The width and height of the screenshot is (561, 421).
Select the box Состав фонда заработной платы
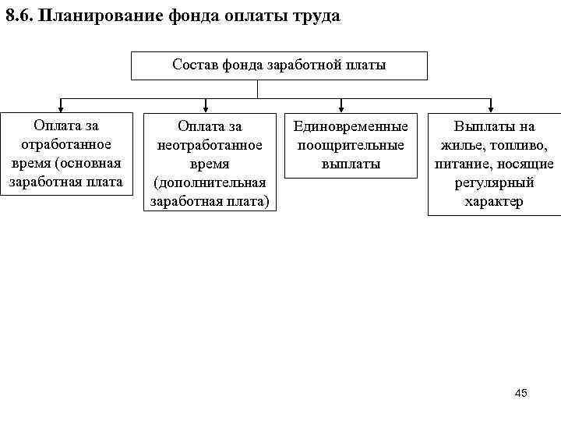279,65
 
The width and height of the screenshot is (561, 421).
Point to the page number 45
521,393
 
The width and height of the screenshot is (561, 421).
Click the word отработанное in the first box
66,144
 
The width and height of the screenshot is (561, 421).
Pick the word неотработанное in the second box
210,145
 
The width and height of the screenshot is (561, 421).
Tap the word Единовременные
351,126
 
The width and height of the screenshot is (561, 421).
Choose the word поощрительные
351,145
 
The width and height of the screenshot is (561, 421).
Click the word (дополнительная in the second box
210,182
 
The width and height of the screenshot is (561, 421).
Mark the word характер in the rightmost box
494,201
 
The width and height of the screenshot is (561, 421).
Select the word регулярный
494,182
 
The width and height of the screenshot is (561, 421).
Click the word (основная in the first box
93,163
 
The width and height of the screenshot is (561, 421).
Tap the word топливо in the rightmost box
519,145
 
